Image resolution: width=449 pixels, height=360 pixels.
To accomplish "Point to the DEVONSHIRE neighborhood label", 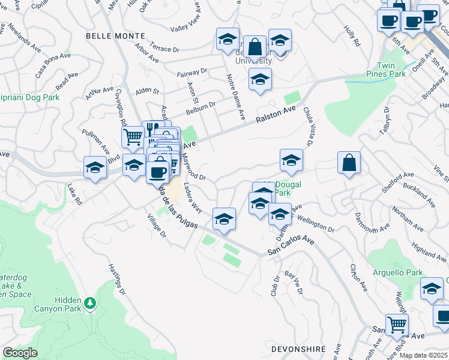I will click(x=298, y=349).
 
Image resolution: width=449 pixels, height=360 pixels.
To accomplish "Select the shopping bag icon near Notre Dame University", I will click(x=255, y=46).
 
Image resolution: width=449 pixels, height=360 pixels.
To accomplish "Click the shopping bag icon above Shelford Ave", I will click(x=349, y=162).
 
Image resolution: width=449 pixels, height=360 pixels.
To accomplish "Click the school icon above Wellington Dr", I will click(x=280, y=214).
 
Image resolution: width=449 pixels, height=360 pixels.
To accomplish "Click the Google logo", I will click(x=20, y=353).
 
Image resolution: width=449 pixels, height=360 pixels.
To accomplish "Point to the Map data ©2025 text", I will click(x=424, y=355).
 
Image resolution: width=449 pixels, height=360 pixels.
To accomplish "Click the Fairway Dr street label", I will click(x=192, y=72).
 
